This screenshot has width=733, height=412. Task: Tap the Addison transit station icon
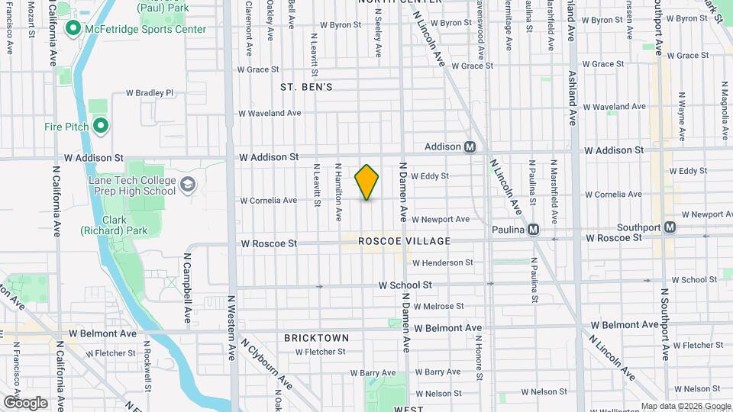(470, 146)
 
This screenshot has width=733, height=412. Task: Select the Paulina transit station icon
(534, 229)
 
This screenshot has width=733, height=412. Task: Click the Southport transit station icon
(670, 227)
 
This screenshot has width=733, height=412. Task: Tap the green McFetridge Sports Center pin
(74, 29)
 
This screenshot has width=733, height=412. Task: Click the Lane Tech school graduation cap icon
(188, 185)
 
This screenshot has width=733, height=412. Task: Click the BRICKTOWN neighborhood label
(316, 337)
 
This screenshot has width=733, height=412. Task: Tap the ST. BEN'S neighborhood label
(306, 87)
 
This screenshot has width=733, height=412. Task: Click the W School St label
(405, 285)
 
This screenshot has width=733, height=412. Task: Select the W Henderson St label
(443, 262)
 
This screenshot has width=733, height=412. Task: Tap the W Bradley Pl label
(150, 93)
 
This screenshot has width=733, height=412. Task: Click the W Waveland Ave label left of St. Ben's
(270, 113)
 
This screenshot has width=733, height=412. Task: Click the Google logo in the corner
(25, 402)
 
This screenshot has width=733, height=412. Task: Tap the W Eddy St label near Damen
(429, 175)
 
